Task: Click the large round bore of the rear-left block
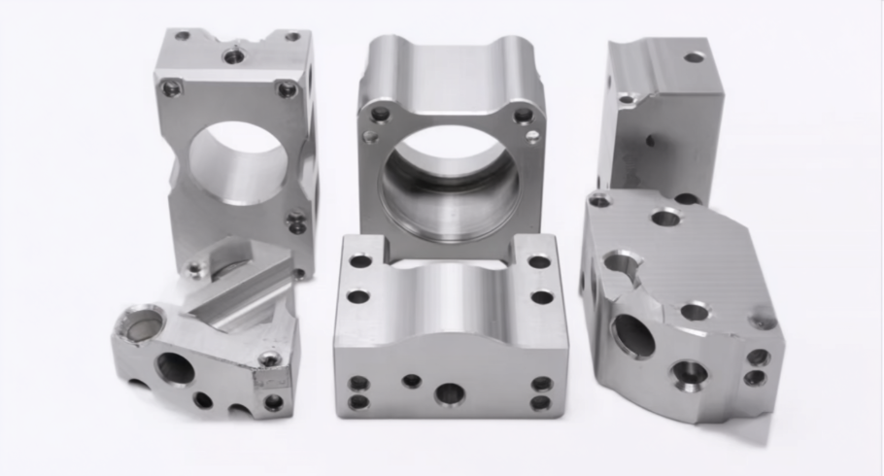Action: tap(238, 161)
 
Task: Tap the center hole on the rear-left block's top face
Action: tap(234, 56)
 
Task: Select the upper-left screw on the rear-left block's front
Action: tap(171, 88)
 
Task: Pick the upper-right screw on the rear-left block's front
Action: tap(287, 89)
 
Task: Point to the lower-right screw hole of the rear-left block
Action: tap(296, 223)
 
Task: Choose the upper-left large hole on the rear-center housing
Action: tap(380, 115)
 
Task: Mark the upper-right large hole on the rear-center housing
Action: tap(523, 116)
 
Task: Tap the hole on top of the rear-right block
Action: tap(694, 57)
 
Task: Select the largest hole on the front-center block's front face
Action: tap(449, 393)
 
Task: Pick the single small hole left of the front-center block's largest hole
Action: tap(412, 381)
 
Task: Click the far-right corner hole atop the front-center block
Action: tap(539, 261)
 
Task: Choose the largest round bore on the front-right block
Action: tap(634, 336)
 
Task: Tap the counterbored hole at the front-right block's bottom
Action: tap(690, 372)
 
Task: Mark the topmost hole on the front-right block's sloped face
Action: tap(665, 218)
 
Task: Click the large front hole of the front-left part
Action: tap(175, 367)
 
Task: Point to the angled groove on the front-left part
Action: tap(237, 290)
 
